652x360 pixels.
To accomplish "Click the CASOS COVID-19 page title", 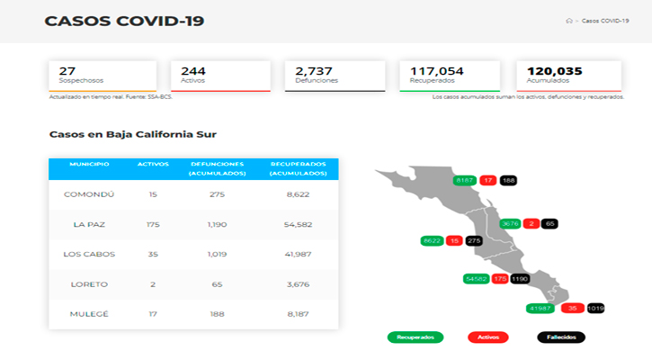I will pyautogui.click(x=123, y=21).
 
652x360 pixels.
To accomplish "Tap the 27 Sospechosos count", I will pyautogui.click(x=67, y=70).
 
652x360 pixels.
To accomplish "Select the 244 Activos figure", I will pyautogui.click(x=193, y=70).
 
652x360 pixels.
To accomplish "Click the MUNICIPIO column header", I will pyautogui.click(x=89, y=164).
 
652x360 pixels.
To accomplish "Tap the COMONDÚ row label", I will pyautogui.click(x=88, y=194).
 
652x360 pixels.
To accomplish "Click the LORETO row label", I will pyautogui.click(x=88, y=284).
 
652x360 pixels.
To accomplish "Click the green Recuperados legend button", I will pyautogui.click(x=415, y=337).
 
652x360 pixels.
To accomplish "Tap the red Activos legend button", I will pyautogui.click(x=488, y=337).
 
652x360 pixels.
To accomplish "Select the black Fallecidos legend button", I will pyautogui.click(x=561, y=337).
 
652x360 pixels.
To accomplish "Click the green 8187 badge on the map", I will pyautogui.click(x=465, y=180).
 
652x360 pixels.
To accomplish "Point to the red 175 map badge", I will pyautogui.click(x=500, y=279).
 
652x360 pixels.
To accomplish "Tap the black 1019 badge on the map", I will pyautogui.click(x=595, y=309).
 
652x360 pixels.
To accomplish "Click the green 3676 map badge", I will pyautogui.click(x=511, y=223).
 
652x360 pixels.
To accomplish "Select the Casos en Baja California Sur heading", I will pyautogui.click(x=132, y=134).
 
